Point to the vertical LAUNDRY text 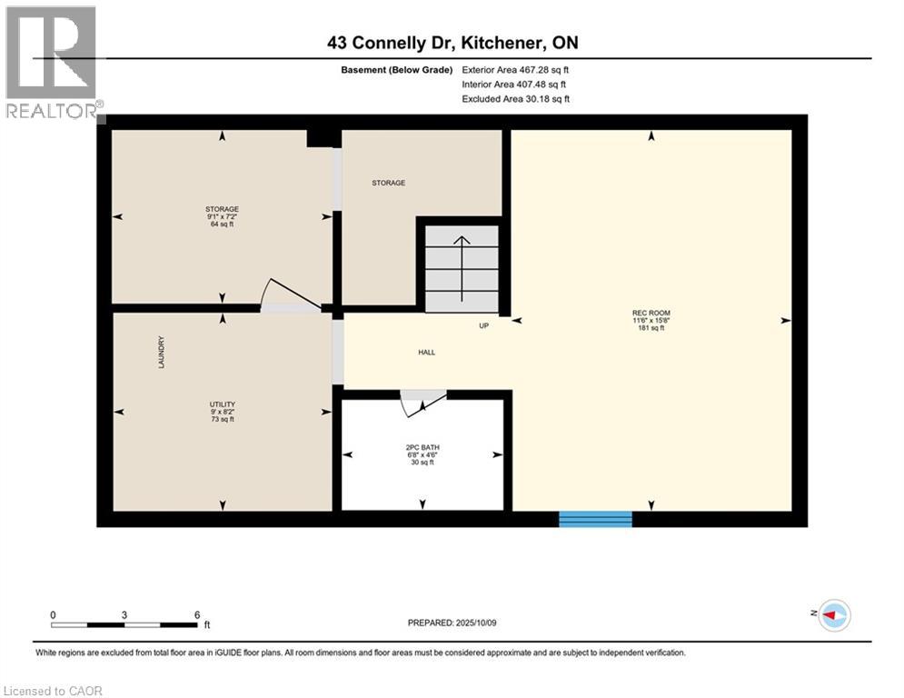161,353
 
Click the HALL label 426,353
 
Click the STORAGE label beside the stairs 388,183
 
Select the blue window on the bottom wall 595,519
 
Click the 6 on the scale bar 197,614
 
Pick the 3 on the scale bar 124,614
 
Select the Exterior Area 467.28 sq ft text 516,69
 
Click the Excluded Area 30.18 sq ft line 516,98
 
